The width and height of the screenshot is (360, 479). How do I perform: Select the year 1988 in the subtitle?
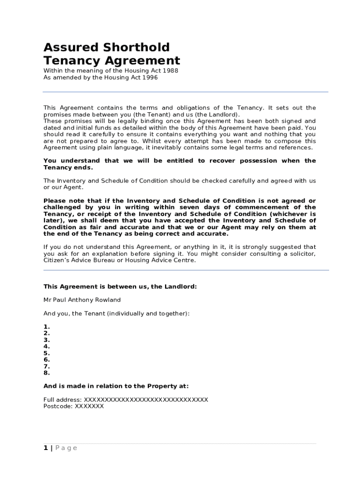[168, 71]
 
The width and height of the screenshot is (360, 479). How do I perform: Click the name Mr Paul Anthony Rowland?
[82, 300]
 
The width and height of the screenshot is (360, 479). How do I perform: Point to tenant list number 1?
[46, 327]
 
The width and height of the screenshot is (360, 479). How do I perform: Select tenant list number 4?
[46, 347]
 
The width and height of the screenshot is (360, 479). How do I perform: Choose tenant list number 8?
[46, 373]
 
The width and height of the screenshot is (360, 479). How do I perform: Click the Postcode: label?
[57, 406]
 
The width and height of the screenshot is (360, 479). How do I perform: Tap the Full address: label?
[62, 399]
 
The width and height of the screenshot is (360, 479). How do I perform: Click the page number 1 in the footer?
[45, 448]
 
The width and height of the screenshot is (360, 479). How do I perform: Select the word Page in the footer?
[66, 448]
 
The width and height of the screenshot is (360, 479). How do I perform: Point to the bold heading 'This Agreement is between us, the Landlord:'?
[120, 287]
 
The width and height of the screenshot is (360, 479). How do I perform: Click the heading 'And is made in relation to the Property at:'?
[116, 386]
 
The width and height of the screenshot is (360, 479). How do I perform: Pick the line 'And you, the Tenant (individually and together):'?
[116, 313]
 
